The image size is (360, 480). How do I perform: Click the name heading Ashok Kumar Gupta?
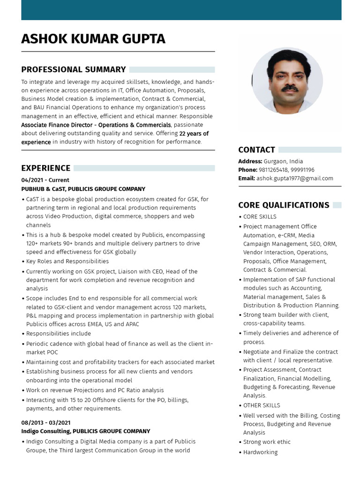93,39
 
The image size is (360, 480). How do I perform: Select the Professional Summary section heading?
73,69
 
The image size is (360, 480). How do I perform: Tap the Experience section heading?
45,168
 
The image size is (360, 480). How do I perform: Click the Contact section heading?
256,150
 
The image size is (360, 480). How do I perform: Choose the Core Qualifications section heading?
284,205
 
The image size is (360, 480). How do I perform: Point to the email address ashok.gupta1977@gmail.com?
294,178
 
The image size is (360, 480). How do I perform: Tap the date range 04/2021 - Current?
45,180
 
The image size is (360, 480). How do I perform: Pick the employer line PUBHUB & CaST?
83,189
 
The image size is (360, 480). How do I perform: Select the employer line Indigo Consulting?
85,431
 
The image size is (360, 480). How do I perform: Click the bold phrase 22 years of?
194,134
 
